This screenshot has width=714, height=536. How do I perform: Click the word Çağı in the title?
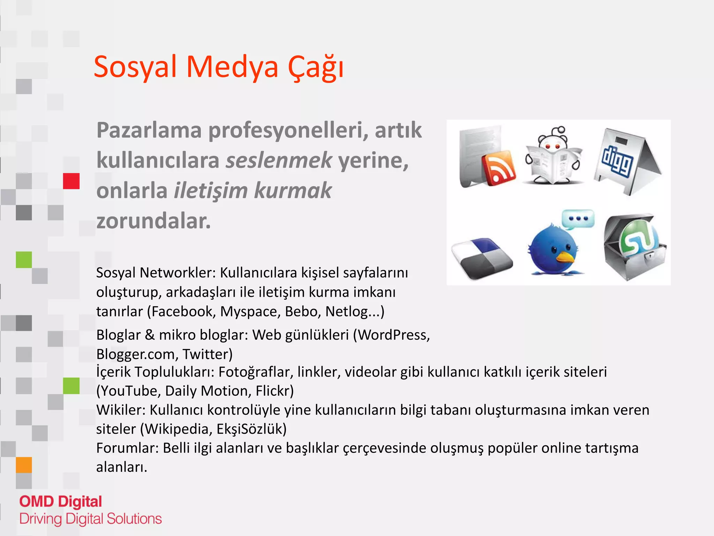pyautogui.click(x=316, y=67)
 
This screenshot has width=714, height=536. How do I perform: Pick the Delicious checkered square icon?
pyautogui.click(x=482, y=259)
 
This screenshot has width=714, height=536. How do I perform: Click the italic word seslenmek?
pyautogui.click(x=279, y=160)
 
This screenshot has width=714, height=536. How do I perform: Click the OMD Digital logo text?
pyautogui.click(x=61, y=502)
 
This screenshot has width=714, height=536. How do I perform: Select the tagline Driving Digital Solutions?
pyautogui.click(x=90, y=519)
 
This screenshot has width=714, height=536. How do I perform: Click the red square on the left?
pyautogui.click(x=71, y=181)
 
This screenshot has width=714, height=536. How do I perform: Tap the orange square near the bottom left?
pyautogui.click(x=24, y=465)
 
